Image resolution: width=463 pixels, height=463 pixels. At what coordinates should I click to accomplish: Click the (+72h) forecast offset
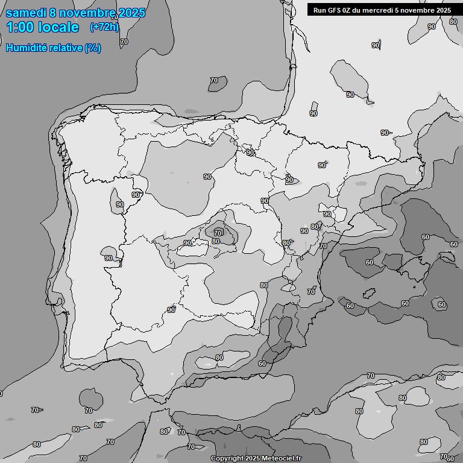[x=104, y=27]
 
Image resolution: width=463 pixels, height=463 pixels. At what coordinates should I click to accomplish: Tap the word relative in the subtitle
[x=63, y=48]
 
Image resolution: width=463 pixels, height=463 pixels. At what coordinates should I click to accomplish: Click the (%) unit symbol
[x=93, y=48]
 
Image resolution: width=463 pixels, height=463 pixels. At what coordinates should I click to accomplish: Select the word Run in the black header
[x=320, y=10]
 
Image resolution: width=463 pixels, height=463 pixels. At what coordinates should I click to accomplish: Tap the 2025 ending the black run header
[x=443, y=10]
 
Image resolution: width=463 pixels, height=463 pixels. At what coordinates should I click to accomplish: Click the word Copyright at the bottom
[x=227, y=459]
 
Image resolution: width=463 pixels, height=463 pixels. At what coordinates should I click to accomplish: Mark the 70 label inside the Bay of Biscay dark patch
[x=214, y=81]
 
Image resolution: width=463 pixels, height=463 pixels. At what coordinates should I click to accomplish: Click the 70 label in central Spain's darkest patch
[x=218, y=233]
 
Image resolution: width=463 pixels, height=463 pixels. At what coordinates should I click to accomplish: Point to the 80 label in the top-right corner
[x=453, y=22]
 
